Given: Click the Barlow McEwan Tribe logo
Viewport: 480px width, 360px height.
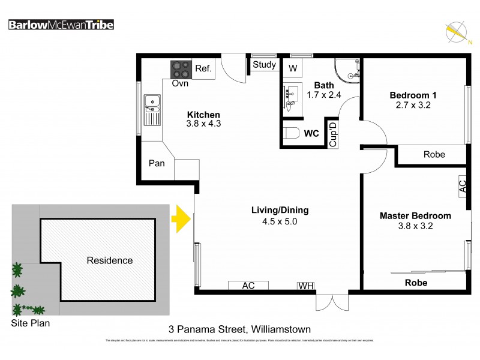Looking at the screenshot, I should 61,25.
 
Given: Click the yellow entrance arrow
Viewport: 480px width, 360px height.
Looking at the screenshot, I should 181,219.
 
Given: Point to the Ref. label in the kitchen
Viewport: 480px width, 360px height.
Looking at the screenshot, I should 203,69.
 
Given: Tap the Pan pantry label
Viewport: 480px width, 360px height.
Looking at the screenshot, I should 157,163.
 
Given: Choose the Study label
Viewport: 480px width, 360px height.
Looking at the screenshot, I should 264,65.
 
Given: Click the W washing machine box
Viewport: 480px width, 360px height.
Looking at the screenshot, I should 293,68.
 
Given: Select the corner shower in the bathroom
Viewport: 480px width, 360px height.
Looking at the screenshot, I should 347,70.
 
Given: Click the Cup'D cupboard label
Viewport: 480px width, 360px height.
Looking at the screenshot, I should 333,134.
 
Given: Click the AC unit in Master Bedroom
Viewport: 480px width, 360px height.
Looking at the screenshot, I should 462,185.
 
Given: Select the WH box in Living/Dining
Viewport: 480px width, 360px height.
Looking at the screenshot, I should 306,286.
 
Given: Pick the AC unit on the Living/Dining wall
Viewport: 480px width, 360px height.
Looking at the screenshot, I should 248,286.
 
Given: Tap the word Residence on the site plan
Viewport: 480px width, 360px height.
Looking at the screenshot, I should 110,260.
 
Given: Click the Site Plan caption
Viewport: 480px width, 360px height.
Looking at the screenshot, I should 31,323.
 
